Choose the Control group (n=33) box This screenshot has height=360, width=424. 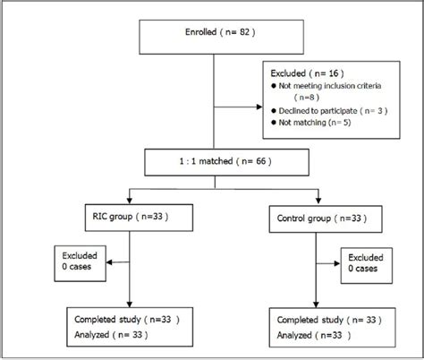pos(318,217)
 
